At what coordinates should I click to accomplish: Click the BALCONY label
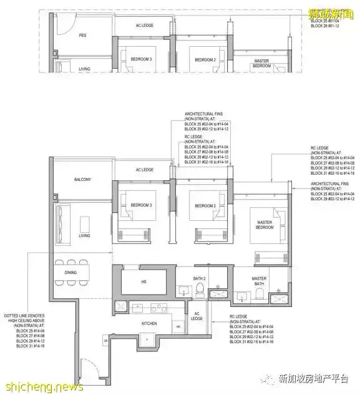point(82,180)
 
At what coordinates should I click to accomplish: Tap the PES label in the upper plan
point(82,36)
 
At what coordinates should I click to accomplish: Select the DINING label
point(71,273)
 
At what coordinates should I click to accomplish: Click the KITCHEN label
point(148,324)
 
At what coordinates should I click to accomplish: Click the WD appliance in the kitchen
point(178,326)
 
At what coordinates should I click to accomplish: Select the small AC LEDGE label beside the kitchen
point(197,316)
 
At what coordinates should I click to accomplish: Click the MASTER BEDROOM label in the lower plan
point(263,226)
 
